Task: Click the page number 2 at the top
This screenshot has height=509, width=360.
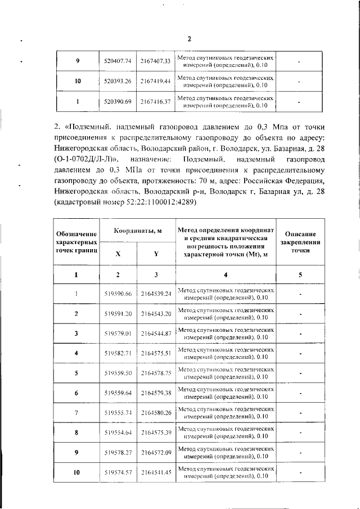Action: pos(189,39)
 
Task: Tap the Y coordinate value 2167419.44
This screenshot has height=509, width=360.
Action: pos(156,82)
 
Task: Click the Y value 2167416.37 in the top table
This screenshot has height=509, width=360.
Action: pos(156,102)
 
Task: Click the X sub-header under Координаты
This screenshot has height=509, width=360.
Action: pos(118,254)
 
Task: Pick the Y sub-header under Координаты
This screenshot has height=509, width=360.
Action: pos(156,254)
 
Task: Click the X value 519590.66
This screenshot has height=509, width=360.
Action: pos(118,294)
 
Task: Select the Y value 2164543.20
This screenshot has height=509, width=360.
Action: pos(156,313)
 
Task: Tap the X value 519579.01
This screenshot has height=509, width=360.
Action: pos(118,334)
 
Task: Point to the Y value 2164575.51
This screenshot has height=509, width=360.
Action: pos(156,353)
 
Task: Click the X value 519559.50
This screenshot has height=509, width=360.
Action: pos(118,373)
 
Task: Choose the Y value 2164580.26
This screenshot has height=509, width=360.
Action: pos(156,413)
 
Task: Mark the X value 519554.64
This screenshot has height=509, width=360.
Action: pos(118,433)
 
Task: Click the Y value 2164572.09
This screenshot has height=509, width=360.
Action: pos(156,453)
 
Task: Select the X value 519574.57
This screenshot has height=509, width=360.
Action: pos(118,472)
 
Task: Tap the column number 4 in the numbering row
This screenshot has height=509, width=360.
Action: pos(226,274)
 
